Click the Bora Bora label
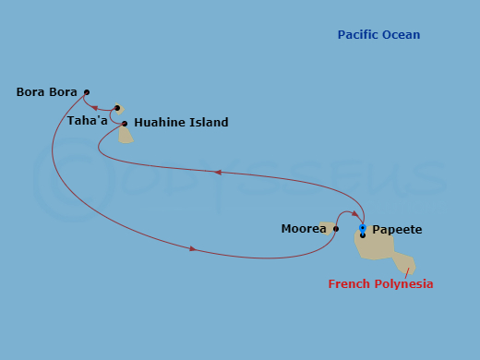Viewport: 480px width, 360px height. (46, 92)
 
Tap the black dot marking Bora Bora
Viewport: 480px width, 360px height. (86, 91)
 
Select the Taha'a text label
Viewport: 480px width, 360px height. (87, 120)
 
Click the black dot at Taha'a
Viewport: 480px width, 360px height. (117, 108)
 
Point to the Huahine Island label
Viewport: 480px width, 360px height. (181, 122)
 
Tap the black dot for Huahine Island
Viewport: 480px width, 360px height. (125, 123)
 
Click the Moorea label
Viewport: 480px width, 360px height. (304, 228)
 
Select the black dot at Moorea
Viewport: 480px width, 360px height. (335, 228)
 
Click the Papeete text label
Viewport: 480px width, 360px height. (397, 229)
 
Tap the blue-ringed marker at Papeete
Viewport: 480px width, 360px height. (363, 227)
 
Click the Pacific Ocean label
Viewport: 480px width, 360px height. (378, 35)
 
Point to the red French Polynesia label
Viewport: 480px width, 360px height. (380, 284)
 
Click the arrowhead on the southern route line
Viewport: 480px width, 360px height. (192, 248)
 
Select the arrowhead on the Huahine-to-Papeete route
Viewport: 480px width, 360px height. (217, 172)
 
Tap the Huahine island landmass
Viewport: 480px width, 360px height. (125, 136)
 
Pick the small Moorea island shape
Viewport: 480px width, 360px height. (326, 227)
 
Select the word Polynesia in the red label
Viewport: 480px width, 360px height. (403, 284)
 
